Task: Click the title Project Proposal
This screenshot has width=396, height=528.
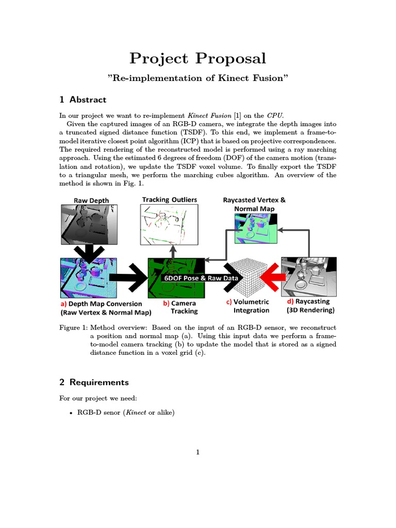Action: click(197, 58)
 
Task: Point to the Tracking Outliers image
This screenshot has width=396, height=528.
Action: click(169, 224)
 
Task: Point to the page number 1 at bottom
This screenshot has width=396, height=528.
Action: click(197, 453)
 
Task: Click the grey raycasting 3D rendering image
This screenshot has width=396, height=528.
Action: click(308, 277)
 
